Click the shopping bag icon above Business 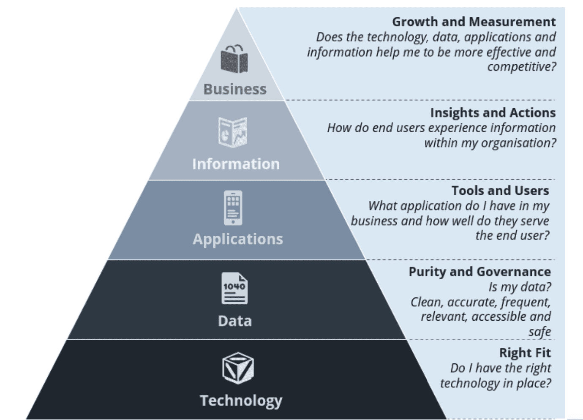(x=234, y=59)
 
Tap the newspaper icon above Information (x=233, y=132)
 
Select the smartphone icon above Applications (x=233, y=208)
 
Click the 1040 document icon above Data (x=234, y=288)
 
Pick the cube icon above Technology (x=238, y=368)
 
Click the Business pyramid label (x=235, y=89)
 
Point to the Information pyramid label (x=236, y=164)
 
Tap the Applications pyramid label (x=237, y=239)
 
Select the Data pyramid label (x=235, y=321)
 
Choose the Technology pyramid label (x=241, y=401)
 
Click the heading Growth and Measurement (x=474, y=22)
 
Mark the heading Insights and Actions (x=493, y=113)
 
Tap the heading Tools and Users (x=500, y=191)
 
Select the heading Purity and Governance (x=479, y=272)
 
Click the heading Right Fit (x=525, y=353)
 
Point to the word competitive (x=522, y=67)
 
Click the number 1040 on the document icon (x=234, y=286)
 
